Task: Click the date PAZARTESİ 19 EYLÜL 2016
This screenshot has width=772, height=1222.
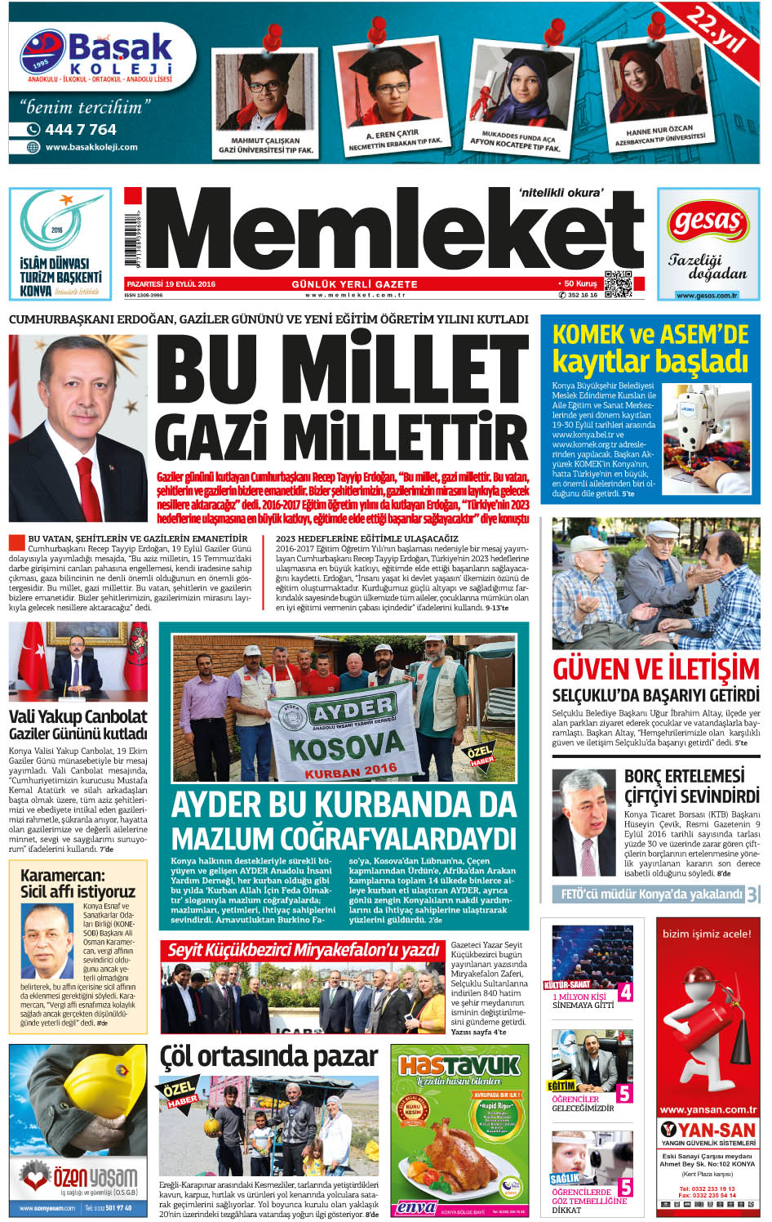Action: click(x=171, y=284)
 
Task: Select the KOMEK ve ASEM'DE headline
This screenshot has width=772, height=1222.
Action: click(x=650, y=334)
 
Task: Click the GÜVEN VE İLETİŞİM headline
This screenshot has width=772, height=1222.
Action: click(x=655, y=669)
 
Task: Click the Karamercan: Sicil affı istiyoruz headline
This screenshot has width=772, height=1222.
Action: click(x=78, y=883)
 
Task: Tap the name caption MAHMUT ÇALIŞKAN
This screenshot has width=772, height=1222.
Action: click(x=265, y=140)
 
